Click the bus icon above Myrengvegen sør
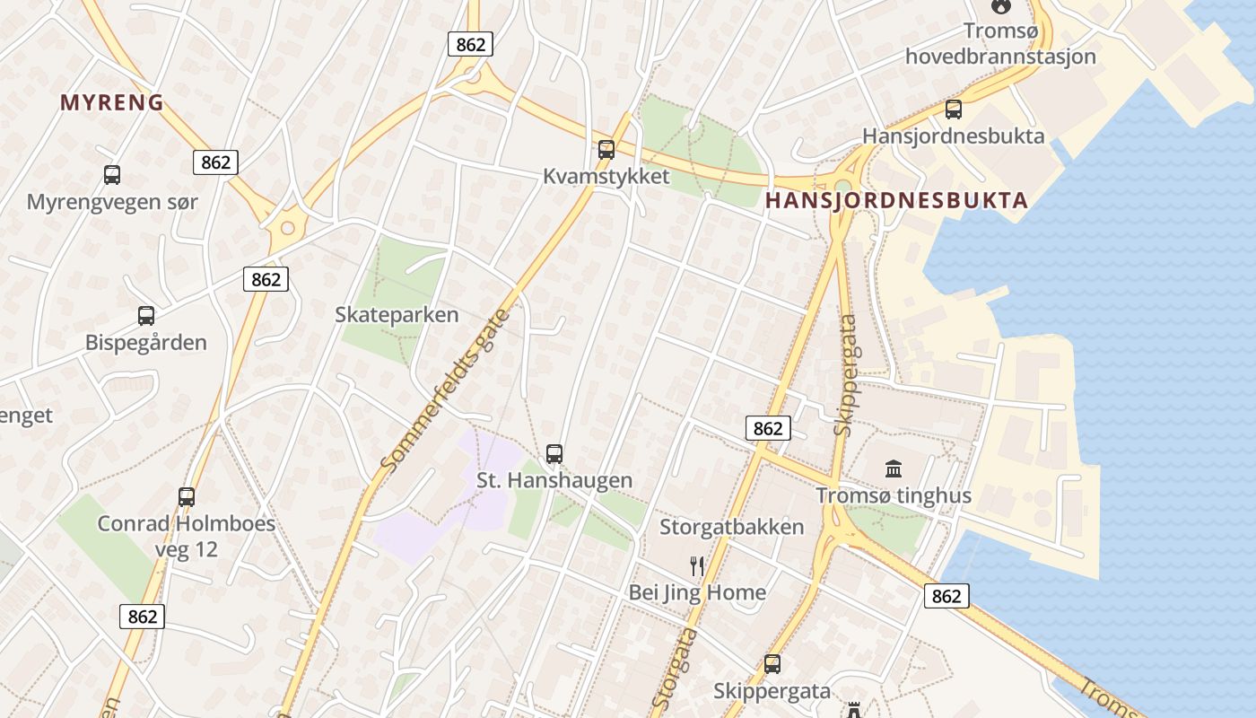click(112, 175)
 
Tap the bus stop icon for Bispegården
click(146, 316)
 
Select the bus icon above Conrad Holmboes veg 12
click(187, 496)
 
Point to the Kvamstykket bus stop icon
click(606, 150)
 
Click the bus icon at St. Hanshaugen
click(554, 454)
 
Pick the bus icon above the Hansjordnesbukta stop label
click(954, 109)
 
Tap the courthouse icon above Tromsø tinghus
click(894, 468)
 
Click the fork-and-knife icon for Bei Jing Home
click(697, 565)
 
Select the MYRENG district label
click(112, 103)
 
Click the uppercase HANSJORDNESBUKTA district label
click(896, 200)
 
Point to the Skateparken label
click(397, 315)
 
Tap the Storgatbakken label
click(732, 527)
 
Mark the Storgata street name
click(675, 669)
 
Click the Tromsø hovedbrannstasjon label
click(1000, 44)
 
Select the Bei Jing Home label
click(697, 592)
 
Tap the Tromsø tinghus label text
click(894, 495)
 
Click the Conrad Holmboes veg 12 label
click(187, 536)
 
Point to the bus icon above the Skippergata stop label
click(772, 664)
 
